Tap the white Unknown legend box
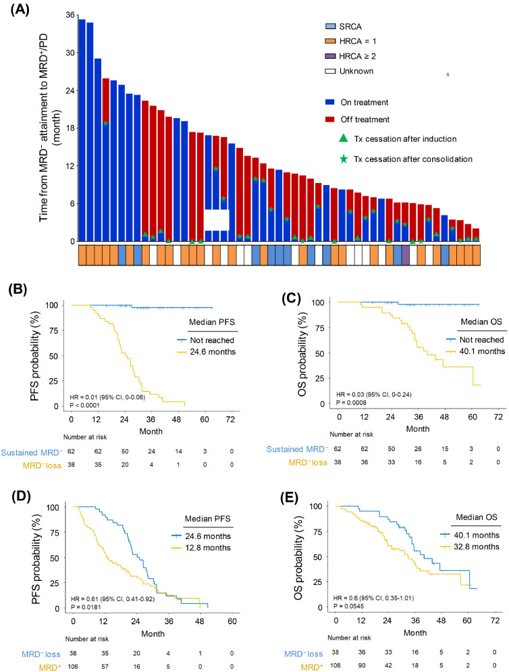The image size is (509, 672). point(330,70)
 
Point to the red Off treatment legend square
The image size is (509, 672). point(330,120)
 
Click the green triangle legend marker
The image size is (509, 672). point(345,138)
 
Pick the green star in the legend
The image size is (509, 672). point(345,159)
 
